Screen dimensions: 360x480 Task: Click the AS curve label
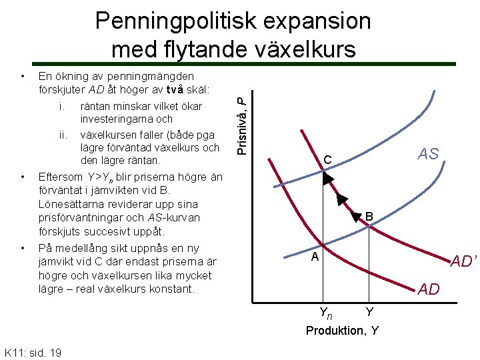[428, 154]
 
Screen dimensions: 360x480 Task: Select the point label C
[327, 161]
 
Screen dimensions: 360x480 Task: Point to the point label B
[369, 217]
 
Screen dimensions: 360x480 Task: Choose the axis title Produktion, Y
[342, 330]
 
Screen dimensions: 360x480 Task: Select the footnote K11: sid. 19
[33, 352]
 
